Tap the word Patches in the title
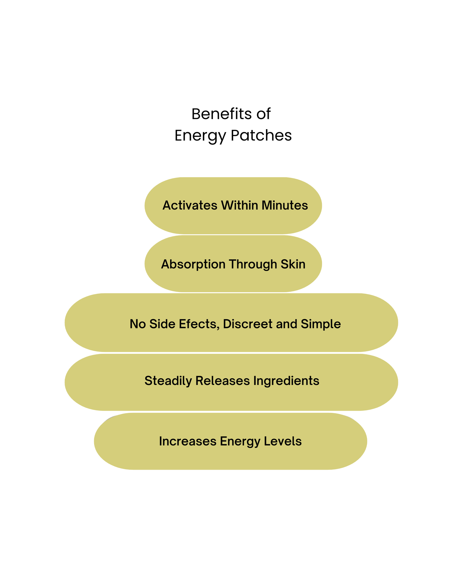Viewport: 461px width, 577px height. click(x=261, y=135)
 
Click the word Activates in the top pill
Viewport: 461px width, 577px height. click(x=190, y=206)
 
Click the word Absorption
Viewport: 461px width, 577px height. click(x=193, y=264)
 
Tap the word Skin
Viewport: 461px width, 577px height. click(x=293, y=264)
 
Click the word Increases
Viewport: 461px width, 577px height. click(x=188, y=441)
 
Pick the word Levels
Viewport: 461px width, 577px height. click(x=283, y=441)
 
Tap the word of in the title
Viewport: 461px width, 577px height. click(x=263, y=114)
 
